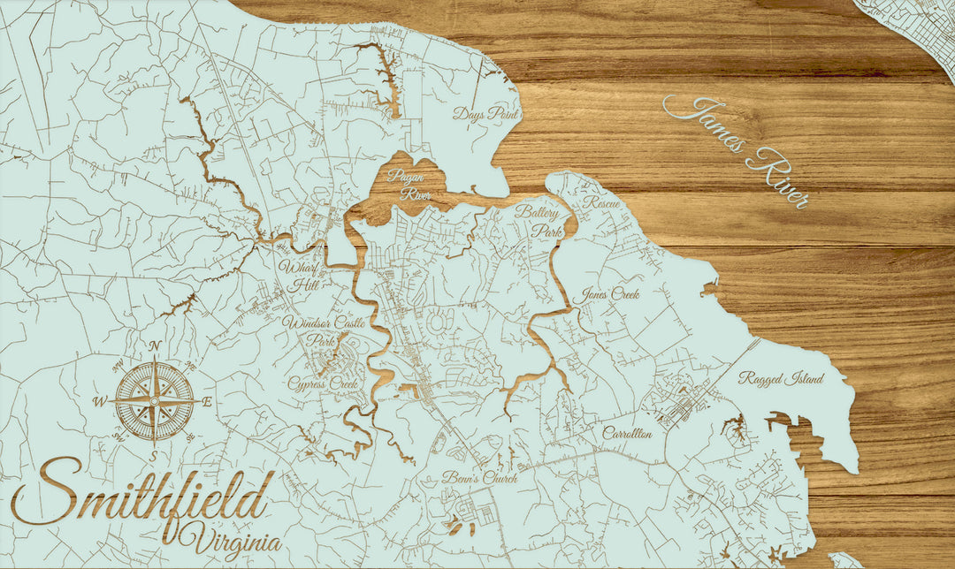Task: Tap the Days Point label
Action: tap(485, 114)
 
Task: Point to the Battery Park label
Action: tap(539, 222)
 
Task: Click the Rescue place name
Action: tap(602, 202)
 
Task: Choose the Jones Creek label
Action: tap(610, 295)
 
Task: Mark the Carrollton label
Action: tap(627, 434)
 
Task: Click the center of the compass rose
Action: tap(156, 399)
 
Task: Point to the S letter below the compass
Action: tap(153, 456)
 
